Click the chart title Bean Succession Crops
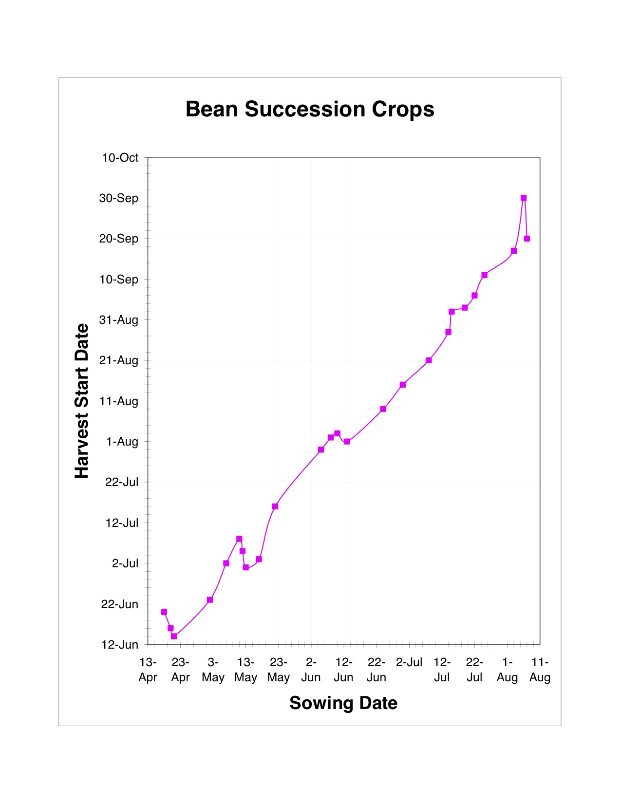tap(310, 109)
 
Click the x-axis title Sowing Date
tap(343, 703)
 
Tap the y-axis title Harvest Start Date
tap(82, 401)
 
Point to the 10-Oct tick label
tap(120, 158)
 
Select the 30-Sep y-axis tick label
tap(119, 198)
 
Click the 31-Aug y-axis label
tap(119, 320)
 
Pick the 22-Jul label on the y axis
tap(122, 482)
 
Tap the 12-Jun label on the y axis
tap(120, 645)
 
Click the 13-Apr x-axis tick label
tap(148, 670)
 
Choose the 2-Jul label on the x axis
tap(409, 662)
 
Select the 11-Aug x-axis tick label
tap(540, 670)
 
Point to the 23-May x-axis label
tap(278, 670)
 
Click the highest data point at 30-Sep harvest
tap(524, 198)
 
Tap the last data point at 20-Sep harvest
tap(527, 239)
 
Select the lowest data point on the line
tap(174, 636)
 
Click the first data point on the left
tap(164, 612)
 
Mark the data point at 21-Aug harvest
tap(429, 360)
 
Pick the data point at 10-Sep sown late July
tap(485, 275)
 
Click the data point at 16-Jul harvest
tap(275, 506)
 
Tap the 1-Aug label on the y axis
tap(122, 442)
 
